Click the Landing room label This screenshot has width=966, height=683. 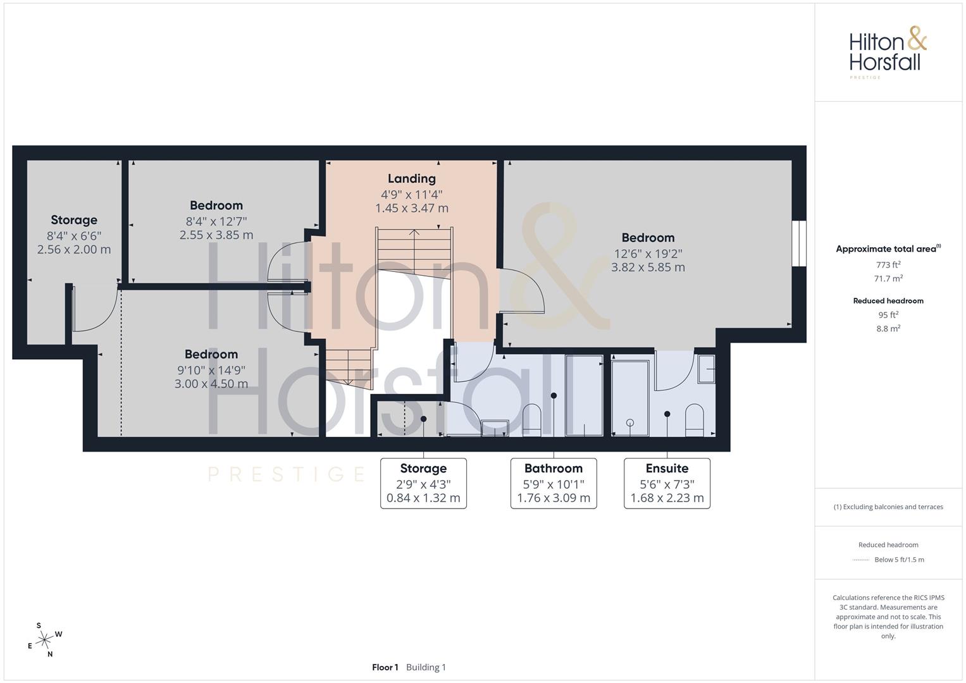pos(411,178)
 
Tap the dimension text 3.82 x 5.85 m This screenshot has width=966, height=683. pos(648,268)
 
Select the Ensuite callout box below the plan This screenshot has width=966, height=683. pos(667,483)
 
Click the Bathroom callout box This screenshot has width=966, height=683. pos(554,483)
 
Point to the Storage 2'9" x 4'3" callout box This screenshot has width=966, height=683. pos(423,483)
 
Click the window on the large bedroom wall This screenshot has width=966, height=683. pos(799,243)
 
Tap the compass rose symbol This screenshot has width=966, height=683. pos(44,640)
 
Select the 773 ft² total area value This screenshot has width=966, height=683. pos(888,265)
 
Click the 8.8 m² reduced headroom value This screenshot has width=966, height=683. pos(888,329)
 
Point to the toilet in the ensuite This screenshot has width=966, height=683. pos(695,419)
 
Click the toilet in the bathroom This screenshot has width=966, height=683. pos(532,419)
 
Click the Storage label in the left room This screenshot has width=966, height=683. pos(74,220)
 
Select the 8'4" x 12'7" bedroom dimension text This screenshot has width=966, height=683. pos(216,221)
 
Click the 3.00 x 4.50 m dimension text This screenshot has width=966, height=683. pos(211,384)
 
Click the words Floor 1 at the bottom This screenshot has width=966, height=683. pos(385,667)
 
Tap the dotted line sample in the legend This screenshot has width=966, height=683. pos(861,560)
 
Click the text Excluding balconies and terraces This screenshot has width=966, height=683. pos(893,507)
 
